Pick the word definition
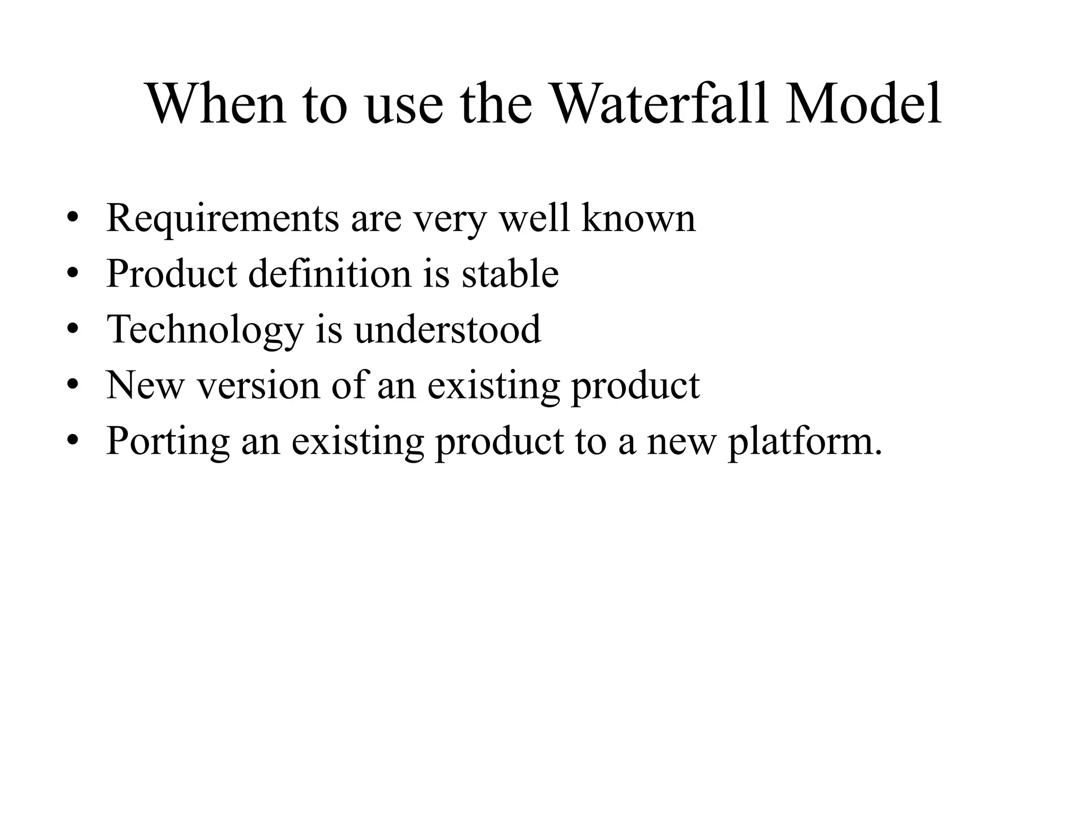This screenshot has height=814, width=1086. (x=330, y=273)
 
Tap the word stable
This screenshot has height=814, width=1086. (x=510, y=273)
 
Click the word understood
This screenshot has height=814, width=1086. (x=448, y=329)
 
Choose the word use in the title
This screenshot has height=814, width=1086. (x=404, y=105)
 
